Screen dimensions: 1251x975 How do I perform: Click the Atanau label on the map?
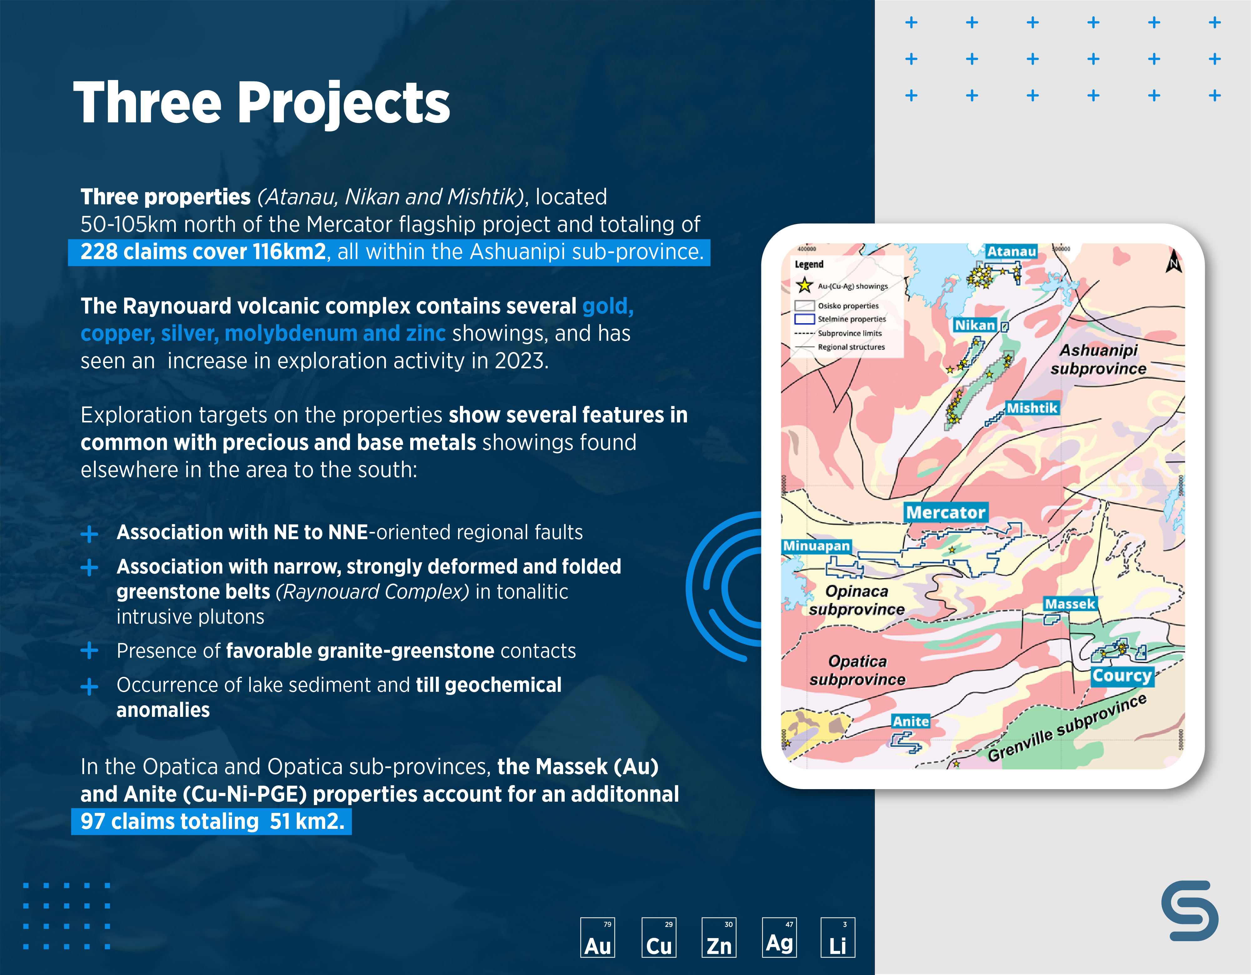point(1011,252)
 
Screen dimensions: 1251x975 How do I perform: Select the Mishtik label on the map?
point(1032,408)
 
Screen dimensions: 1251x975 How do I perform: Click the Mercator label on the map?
point(946,513)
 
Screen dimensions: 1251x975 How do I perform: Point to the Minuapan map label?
point(816,546)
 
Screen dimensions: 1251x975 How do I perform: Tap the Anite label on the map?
point(911,721)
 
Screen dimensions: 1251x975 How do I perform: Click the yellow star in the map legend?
point(804,285)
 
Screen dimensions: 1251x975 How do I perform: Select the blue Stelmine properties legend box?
point(804,319)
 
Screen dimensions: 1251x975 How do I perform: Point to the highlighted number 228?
point(98,252)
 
